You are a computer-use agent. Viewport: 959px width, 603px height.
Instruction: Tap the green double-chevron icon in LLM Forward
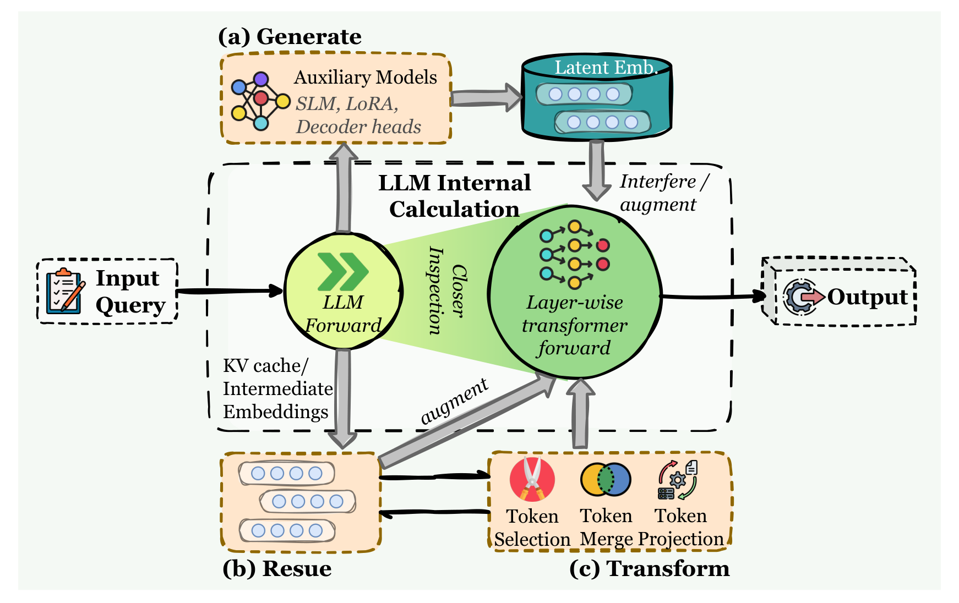click(x=342, y=272)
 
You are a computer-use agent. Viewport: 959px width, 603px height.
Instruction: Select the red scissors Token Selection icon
click(x=532, y=479)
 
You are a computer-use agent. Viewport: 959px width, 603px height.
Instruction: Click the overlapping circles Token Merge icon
click(x=606, y=479)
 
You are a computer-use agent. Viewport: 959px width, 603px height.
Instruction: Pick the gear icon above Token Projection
click(x=678, y=480)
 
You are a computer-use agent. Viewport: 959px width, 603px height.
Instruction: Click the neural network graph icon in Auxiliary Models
click(x=260, y=101)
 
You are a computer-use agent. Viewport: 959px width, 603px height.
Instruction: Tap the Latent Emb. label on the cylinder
click(x=606, y=67)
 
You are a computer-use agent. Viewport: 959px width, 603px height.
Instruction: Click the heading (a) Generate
click(x=290, y=36)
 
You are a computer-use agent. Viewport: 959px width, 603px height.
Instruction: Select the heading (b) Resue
click(x=277, y=568)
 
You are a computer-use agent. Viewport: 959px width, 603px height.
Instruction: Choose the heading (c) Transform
click(x=650, y=568)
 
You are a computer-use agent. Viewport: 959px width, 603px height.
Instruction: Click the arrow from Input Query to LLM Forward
click(x=230, y=291)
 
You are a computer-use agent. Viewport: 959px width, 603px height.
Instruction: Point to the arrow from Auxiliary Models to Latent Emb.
click(x=487, y=98)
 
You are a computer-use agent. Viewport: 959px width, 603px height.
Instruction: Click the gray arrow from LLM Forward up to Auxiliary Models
click(x=344, y=187)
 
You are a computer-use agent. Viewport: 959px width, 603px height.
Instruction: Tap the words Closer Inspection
click(x=448, y=290)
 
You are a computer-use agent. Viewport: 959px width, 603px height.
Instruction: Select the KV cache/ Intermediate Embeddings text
click(x=277, y=388)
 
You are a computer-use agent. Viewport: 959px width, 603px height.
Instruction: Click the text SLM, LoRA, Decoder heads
click(x=358, y=115)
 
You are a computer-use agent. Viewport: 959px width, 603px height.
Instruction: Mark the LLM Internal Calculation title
click(x=455, y=196)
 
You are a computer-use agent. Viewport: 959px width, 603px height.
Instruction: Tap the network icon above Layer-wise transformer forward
click(x=575, y=254)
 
